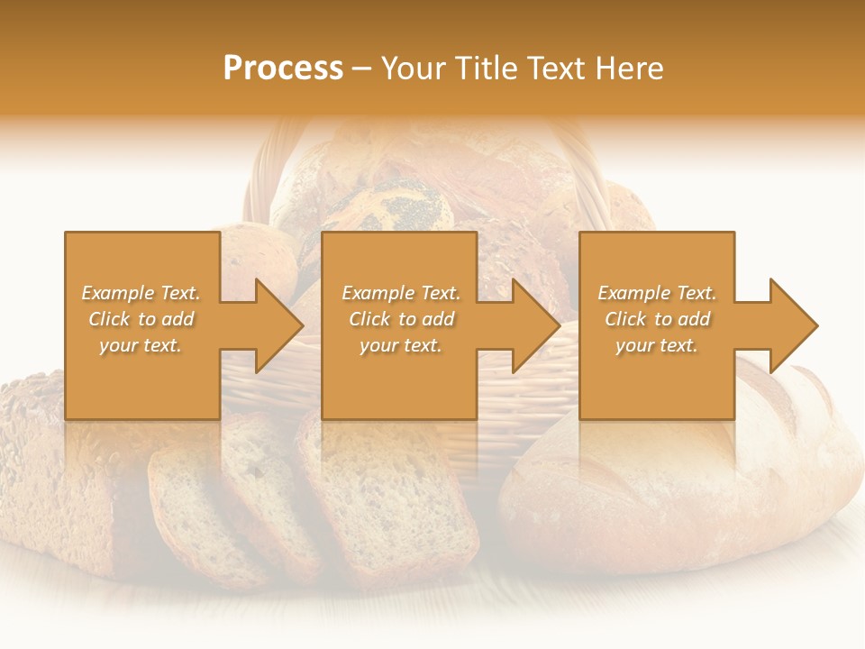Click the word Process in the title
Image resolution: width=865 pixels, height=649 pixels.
[x=283, y=69]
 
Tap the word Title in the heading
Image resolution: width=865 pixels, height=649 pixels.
[x=487, y=69]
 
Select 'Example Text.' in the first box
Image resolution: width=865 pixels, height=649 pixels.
[x=141, y=293]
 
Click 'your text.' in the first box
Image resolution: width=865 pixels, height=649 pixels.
[x=141, y=345]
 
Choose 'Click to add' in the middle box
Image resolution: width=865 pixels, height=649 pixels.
[x=401, y=319]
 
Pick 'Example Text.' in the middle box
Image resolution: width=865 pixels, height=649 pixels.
[x=401, y=293]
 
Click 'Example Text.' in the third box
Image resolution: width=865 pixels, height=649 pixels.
[x=657, y=293]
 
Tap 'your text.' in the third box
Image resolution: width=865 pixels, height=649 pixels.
[x=657, y=345]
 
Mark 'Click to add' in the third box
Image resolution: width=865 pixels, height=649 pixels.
[x=657, y=319]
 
